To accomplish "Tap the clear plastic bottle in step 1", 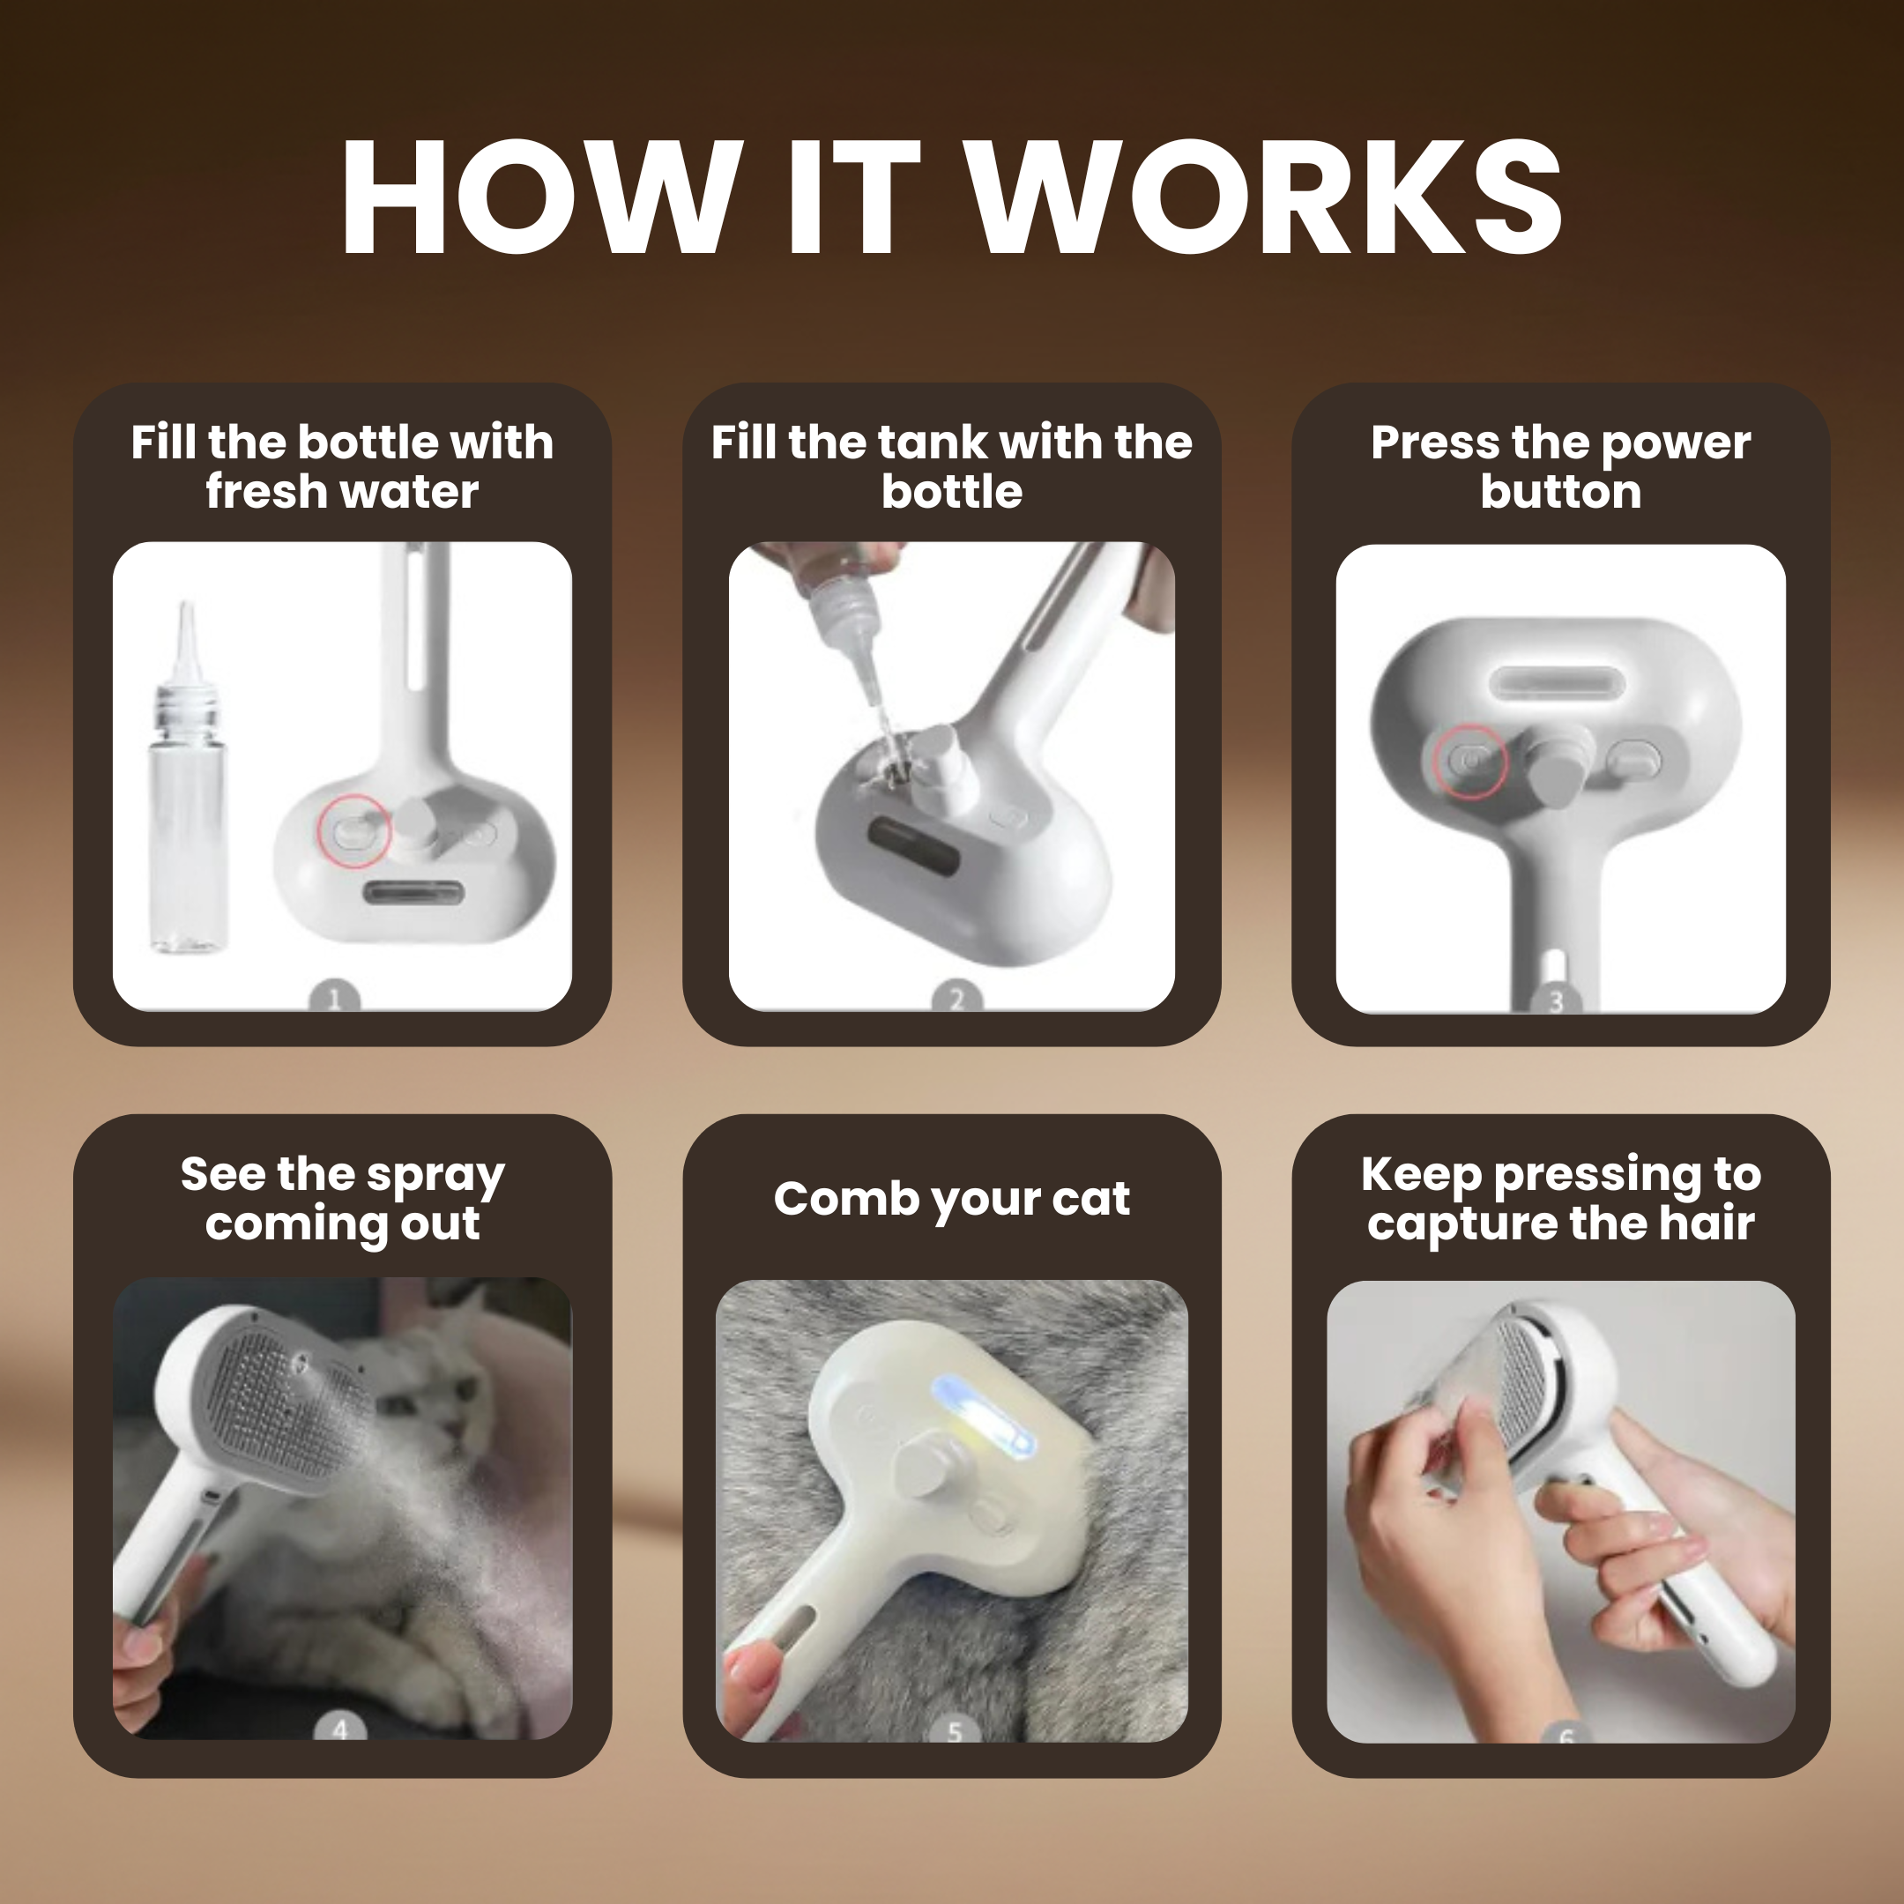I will (187, 818).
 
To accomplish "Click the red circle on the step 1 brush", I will (353, 833).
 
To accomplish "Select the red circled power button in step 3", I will (1469, 762).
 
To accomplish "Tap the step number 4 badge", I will (340, 1729).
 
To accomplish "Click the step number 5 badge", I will (953, 1731).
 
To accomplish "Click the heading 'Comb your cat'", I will (951, 1199).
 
